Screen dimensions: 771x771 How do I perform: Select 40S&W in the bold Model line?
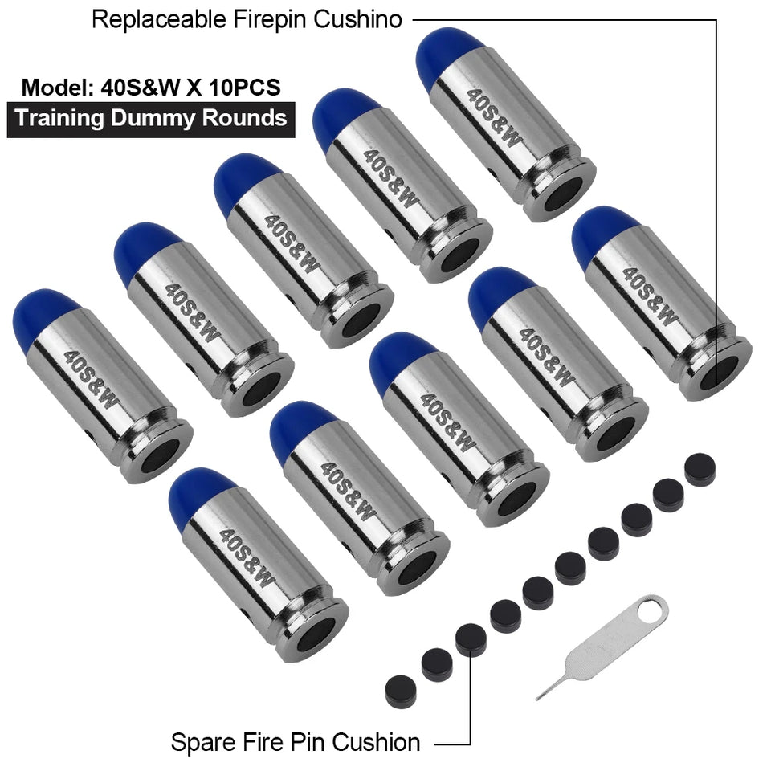click(x=141, y=88)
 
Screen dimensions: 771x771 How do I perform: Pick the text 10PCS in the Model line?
click(x=244, y=88)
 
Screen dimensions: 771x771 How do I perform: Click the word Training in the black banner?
click(x=59, y=120)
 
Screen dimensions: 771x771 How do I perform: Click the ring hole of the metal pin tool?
click(x=649, y=610)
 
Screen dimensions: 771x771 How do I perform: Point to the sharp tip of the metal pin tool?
click(x=538, y=698)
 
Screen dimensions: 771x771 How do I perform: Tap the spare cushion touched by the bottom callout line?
click(x=471, y=639)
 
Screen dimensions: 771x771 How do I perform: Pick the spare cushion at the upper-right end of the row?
click(x=700, y=470)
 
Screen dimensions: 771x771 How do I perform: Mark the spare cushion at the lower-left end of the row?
click(x=401, y=691)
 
